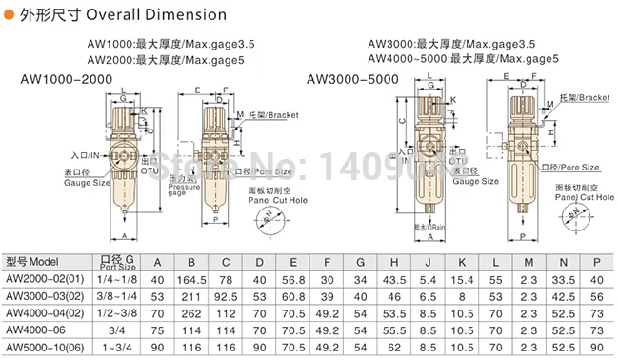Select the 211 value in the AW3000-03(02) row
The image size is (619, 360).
[191, 295]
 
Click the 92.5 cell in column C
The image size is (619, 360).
[226, 295]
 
